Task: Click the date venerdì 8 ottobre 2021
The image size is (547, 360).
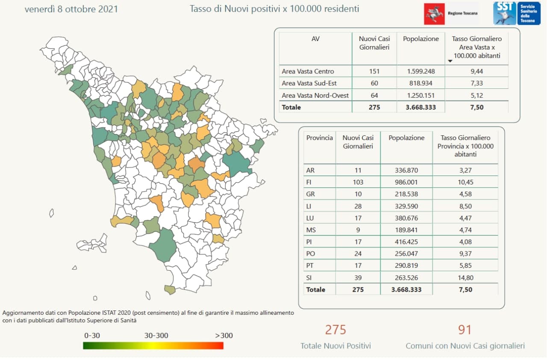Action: (x=71, y=9)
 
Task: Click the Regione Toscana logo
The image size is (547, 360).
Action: (x=451, y=14)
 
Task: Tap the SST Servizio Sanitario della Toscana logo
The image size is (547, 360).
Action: (x=516, y=13)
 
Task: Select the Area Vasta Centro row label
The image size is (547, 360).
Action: (x=308, y=71)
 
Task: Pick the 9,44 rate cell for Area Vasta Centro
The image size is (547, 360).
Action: (x=477, y=71)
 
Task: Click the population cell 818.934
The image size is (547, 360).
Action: (x=421, y=83)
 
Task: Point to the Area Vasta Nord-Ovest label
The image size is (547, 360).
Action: (x=315, y=95)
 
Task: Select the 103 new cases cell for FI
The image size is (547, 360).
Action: (x=358, y=182)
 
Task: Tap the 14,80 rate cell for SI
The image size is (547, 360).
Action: (x=465, y=278)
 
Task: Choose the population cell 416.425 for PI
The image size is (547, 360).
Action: (x=406, y=242)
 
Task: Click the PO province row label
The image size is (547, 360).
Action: (x=311, y=254)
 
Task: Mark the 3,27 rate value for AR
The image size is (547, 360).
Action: (x=465, y=170)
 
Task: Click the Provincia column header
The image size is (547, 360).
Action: (x=319, y=138)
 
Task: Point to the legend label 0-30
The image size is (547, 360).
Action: (x=92, y=335)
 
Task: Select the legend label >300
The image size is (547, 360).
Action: (x=224, y=335)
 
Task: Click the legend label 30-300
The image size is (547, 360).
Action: (x=156, y=335)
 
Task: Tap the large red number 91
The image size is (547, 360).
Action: (x=465, y=330)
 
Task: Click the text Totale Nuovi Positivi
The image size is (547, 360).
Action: (x=335, y=346)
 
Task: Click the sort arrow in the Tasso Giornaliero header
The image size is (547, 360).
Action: (x=450, y=61)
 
